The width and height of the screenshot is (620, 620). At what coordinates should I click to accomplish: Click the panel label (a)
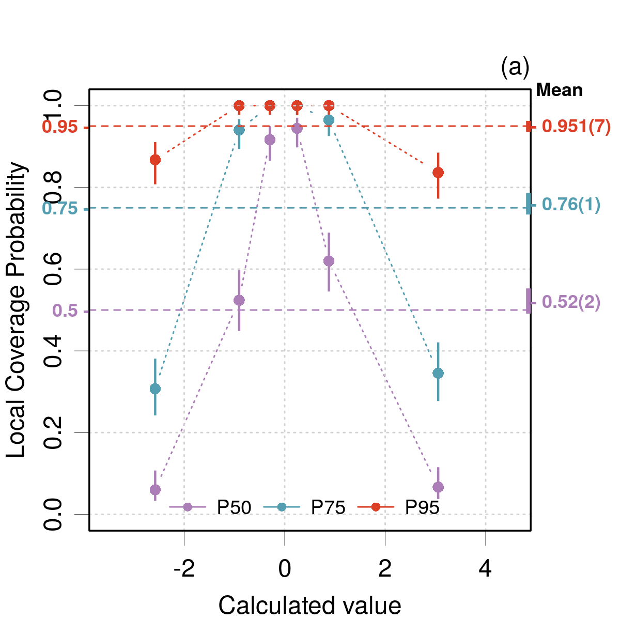coord(515,67)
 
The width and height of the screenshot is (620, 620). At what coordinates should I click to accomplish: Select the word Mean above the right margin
coord(559,90)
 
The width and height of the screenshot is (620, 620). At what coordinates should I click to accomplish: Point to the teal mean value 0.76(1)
coord(571,205)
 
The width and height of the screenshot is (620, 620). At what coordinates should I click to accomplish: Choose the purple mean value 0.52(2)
coord(571,302)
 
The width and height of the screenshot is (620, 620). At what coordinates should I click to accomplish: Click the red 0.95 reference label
coord(60,127)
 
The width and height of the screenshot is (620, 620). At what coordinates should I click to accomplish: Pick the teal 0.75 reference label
coord(60,209)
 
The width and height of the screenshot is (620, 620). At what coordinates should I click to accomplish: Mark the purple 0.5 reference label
coord(65,311)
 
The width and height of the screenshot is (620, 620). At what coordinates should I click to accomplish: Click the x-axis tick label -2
coord(184,569)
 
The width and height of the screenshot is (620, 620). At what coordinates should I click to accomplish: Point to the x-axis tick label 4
coord(485,569)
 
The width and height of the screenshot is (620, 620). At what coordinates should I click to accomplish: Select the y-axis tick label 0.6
coord(54,269)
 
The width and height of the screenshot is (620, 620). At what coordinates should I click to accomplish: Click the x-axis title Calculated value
coord(309,605)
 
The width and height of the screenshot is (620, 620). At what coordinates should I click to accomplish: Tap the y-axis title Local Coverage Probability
coord(17,309)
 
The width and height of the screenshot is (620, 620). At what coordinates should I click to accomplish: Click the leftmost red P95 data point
coord(155,160)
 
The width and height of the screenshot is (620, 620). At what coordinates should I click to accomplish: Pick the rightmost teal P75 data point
coord(438,373)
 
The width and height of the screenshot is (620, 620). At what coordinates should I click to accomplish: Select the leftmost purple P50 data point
coord(155,489)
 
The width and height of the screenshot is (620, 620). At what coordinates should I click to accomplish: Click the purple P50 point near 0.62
coord(329,261)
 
